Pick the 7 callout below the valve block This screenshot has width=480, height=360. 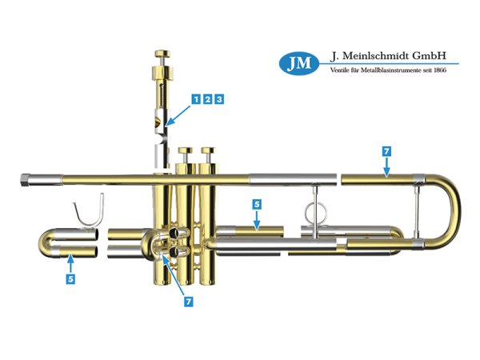[189, 302]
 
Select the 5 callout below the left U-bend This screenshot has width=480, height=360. [70, 280]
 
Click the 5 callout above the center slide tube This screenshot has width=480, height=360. [256, 205]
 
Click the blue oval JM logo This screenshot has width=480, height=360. [299, 62]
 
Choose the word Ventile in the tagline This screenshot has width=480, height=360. [342, 70]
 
